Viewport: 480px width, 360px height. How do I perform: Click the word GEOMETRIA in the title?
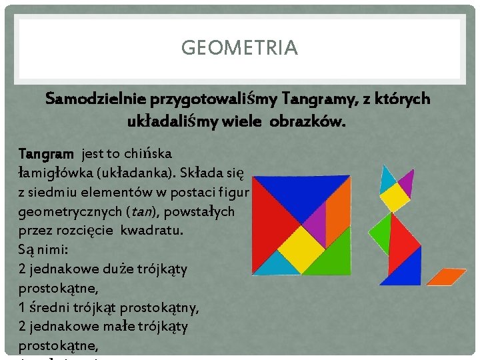pos(239,49)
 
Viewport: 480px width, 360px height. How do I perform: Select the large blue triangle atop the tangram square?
pos(301,189)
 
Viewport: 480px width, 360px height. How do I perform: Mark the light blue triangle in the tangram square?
pos(277,266)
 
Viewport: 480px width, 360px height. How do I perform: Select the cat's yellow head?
pos(395,197)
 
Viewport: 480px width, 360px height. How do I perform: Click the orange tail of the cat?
pos(446,275)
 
